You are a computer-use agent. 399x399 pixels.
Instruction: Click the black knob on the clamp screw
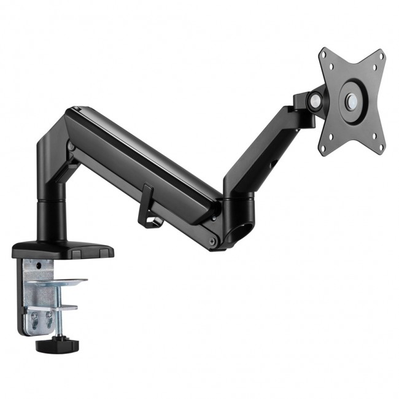[55, 344]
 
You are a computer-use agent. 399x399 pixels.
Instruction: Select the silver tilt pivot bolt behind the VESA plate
[316, 99]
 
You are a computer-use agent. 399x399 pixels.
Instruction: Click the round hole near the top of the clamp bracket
[41, 266]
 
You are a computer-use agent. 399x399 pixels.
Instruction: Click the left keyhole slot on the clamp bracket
[34, 319]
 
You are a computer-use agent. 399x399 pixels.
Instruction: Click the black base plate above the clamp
[61, 249]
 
